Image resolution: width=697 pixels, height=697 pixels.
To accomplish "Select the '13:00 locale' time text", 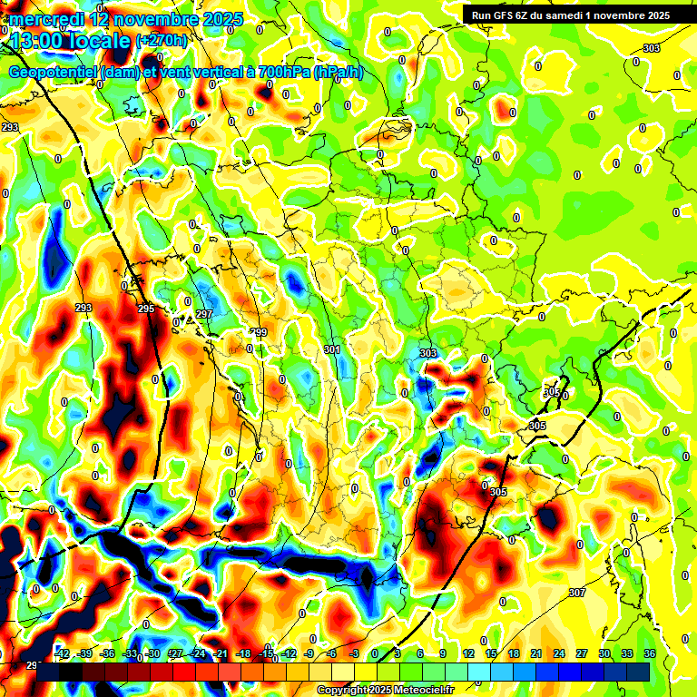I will pyautogui.click(x=69, y=41).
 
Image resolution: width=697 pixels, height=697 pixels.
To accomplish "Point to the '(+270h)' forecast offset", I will pyautogui.click(x=162, y=41).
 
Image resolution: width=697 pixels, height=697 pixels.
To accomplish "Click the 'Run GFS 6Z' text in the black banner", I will pyautogui.click(x=501, y=15).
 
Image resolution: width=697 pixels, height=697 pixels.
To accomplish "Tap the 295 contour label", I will pyautogui.click(x=146, y=309).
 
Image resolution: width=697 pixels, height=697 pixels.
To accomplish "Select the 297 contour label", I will pyautogui.click(x=204, y=314).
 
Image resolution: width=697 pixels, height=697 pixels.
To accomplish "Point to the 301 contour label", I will pyautogui.click(x=331, y=349).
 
